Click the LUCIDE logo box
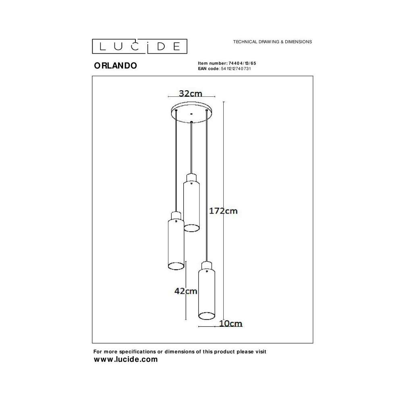coord(139,46)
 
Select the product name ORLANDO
coord(115,66)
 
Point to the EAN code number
coord(236,69)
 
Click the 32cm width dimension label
coord(191,93)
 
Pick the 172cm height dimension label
coord(223,211)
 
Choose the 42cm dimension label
coord(185,291)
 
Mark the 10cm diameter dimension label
coord(231,323)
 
